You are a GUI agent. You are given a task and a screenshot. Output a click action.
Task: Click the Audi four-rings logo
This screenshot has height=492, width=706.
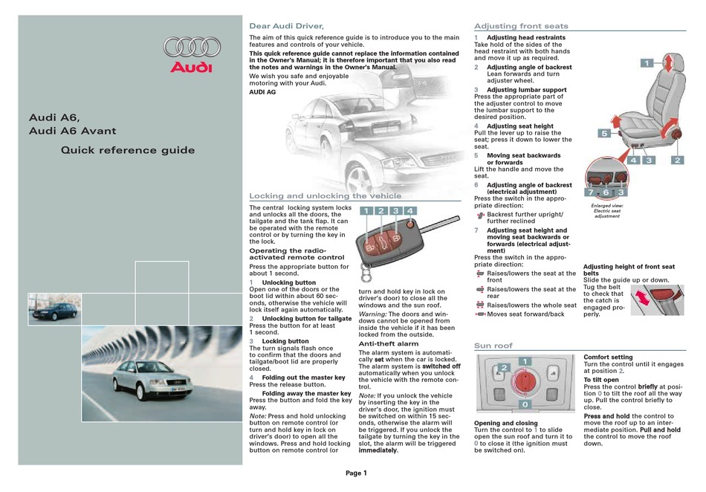(x=192, y=48)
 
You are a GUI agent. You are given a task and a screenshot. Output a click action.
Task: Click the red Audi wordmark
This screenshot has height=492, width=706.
(x=191, y=68)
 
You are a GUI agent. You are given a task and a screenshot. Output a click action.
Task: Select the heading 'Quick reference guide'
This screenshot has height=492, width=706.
(x=128, y=150)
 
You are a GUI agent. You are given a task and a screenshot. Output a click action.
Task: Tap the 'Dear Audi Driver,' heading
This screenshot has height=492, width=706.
(x=286, y=26)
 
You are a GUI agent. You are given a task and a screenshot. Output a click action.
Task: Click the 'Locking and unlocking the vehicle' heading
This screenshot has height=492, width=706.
(x=325, y=195)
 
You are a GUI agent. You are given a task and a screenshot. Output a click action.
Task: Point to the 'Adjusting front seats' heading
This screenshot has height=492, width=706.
(x=521, y=26)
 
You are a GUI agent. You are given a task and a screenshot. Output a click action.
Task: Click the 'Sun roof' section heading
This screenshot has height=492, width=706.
(x=493, y=346)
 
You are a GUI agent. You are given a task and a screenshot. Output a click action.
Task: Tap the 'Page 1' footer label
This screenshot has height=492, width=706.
(x=356, y=473)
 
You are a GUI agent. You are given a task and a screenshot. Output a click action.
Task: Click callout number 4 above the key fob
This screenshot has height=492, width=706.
(x=409, y=210)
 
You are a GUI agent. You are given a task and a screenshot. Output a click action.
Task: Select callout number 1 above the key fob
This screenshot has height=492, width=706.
(x=366, y=210)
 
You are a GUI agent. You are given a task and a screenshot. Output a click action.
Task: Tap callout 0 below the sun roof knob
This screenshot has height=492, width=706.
(x=525, y=404)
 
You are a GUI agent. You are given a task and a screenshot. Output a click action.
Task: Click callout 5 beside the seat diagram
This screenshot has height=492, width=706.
(x=604, y=133)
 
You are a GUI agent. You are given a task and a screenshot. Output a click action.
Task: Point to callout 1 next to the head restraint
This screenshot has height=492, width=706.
(x=647, y=63)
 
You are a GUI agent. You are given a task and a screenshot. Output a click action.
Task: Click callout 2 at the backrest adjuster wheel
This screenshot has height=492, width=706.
(x=677, y=160)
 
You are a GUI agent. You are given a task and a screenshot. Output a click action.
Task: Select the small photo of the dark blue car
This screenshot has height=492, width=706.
(x=54, y=308)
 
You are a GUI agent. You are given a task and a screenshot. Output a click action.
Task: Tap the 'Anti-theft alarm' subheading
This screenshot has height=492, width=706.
(x=389, y=343)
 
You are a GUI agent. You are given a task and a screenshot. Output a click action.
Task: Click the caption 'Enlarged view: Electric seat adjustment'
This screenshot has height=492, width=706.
(x=607, y=210)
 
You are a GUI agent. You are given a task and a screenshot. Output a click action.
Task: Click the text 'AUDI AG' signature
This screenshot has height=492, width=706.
(x=262, y=92)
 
